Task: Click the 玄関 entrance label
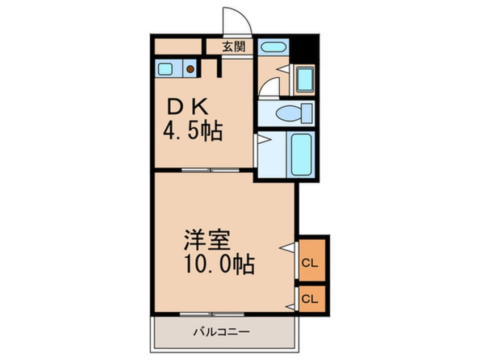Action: pyautogui.click(x=234, y=47)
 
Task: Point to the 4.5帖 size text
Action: pyautogui.click(x=192, y=131)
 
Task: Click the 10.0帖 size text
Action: pyautogui.click(x=219, y=264)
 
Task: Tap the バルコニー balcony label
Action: pyautogui.click(x=221, y=332)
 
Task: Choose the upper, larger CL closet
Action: pyautogui.click(x=312, y=260)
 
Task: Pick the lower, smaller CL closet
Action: pyautogui.click(x=312, y=299)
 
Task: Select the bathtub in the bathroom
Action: pyautogui.click(x=301, y=154)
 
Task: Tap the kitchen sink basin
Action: pyautogui.click(x=165, y=69)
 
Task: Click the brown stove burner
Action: pyautogui.click(x=191, y=69)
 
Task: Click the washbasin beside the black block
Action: pyautogui.click(x=273, y=47)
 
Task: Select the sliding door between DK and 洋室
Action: pyautogui.click(x=210, y=170)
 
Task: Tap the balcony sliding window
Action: pyautogui.click(x=212, y=314)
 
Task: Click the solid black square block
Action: pyautogui.click(x=304, y=49)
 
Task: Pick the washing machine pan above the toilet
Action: pyautogui.click(x=305, y=79)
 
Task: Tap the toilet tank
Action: pyautogui.click(x=308, y=113)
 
